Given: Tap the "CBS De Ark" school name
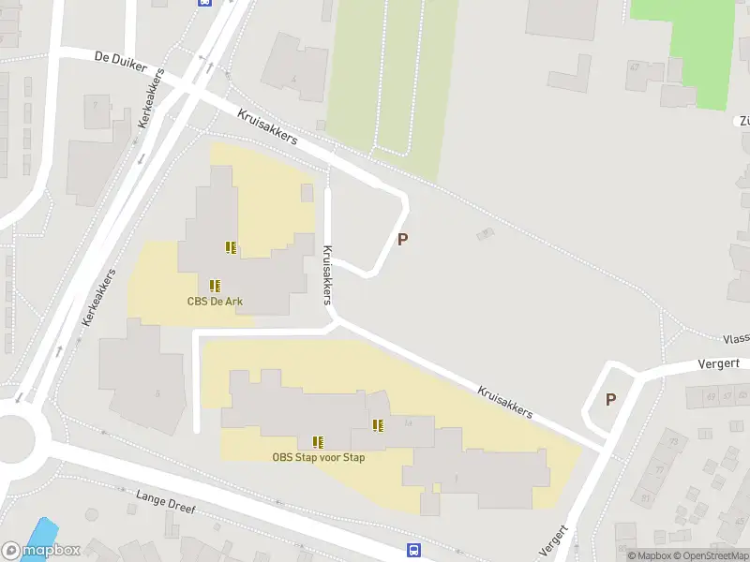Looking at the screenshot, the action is pos(215,302).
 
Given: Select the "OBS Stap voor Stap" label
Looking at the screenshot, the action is pos(319,457).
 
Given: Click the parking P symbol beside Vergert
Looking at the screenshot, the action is pos(610,399).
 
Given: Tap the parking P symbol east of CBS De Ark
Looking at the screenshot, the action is pos(403,239).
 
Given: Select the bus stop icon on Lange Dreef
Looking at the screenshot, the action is pos(413,550).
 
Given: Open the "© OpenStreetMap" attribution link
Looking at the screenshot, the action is pos(709,555).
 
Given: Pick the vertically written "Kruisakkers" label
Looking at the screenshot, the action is pos(327,274).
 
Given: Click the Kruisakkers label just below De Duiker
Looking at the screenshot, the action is pos(267,126).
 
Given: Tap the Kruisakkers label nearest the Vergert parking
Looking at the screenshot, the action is pos(504,401).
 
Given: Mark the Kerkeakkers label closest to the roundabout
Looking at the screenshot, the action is pos(99,297).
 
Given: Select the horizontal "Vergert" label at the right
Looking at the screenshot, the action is pos(719,363).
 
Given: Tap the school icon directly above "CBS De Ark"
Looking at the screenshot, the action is pos(215,285).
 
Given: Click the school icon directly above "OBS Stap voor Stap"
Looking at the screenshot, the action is pos(319,441).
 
